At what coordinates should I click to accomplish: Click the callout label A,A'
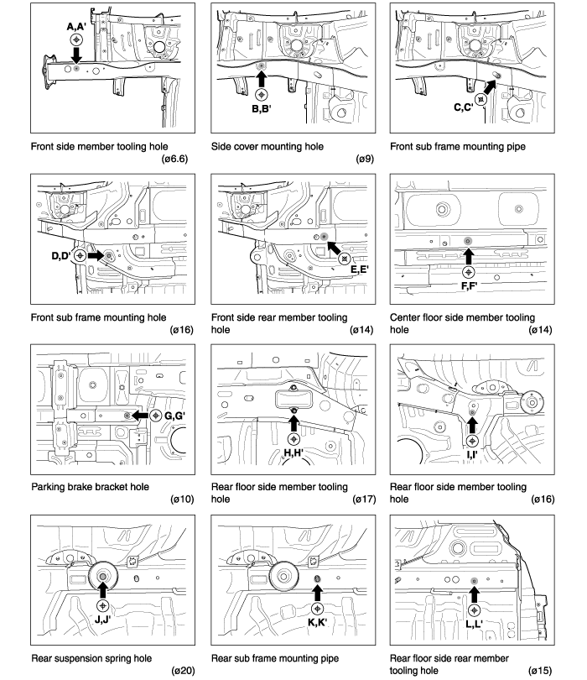76,27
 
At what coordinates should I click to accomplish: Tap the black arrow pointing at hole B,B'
261,80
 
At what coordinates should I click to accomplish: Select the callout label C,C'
464,107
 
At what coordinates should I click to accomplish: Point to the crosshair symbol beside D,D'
80,256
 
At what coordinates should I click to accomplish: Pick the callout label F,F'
469,286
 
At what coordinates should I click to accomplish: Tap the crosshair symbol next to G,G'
155,416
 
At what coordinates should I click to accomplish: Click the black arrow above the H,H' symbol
293,423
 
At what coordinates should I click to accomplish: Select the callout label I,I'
472,455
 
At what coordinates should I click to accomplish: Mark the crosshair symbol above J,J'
102,605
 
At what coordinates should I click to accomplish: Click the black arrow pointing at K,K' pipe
318,593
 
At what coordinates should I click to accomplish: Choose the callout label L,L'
474,624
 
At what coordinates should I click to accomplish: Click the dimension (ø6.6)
174,159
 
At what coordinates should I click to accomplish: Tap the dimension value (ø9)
365,159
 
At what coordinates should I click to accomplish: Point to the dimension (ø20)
183,671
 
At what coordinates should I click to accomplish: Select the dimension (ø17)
364,500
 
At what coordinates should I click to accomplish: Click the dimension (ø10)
182,500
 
